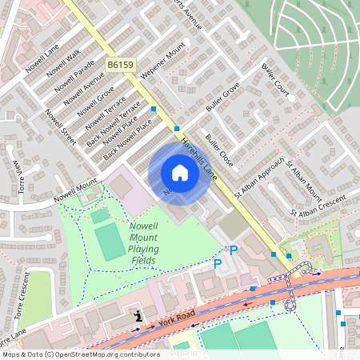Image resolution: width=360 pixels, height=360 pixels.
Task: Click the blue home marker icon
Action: click(180, 173)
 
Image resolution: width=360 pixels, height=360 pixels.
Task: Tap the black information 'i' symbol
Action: click(139, 316)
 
